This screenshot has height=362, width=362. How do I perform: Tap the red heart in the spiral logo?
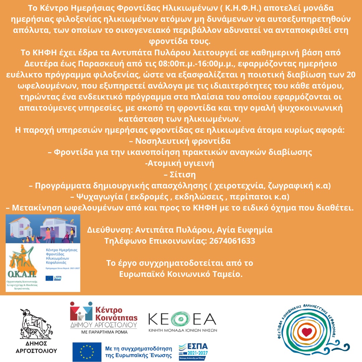[306, 332]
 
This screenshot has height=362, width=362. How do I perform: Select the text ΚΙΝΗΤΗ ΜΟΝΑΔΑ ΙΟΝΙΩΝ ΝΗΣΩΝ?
[183, 330]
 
